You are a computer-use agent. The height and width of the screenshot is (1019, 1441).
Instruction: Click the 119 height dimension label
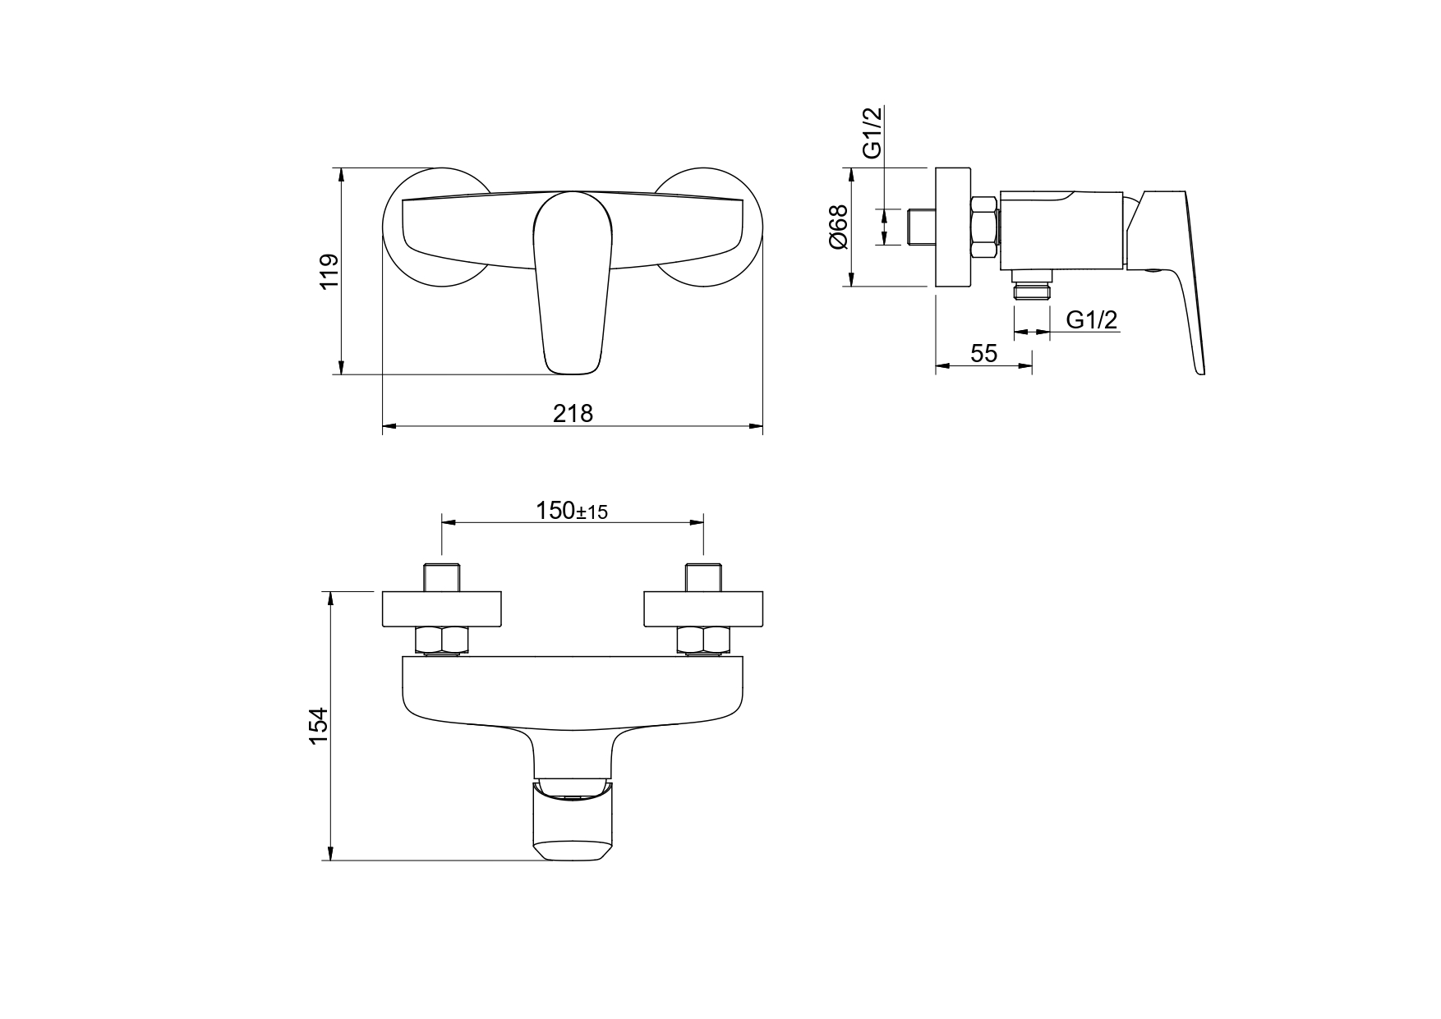(x=329, y=272)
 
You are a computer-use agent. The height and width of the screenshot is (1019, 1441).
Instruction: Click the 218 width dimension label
(x=573, y=413)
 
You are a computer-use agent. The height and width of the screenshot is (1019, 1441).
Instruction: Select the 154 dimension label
(x=318, y=725)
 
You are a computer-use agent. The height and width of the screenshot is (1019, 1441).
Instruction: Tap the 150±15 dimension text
(x=572, y=511)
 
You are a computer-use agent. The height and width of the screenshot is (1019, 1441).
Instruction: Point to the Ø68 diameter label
(x=838, y=227)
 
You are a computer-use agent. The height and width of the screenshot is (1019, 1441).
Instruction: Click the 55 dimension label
(x=983, y=353)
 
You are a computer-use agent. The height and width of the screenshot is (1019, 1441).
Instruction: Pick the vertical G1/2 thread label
(x=872, y=132)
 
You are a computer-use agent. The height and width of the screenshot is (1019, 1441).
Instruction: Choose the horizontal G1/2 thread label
(x=1093, y=320)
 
